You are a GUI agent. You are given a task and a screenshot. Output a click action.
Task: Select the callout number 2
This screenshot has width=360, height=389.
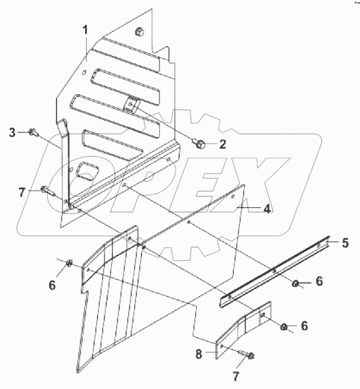223,144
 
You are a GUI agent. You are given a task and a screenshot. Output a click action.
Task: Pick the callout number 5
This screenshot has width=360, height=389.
345,243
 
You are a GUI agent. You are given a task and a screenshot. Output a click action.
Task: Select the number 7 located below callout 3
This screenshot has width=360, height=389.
22,192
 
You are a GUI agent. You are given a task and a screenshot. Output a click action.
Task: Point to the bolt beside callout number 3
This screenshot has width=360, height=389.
33,132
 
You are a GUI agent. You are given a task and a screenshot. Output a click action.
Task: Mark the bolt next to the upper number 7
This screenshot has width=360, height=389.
46,190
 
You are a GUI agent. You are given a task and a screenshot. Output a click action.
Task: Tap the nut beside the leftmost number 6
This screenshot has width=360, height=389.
69,262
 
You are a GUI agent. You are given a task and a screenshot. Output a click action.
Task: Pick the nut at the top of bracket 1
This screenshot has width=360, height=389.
139,31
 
